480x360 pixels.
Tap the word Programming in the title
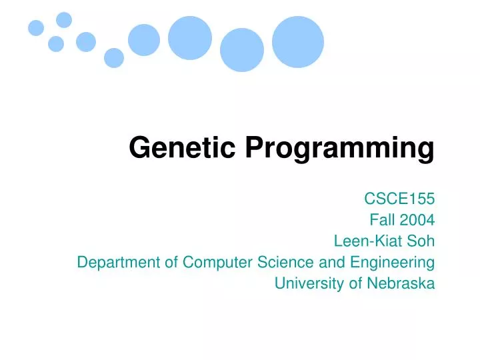[x=339, y=149]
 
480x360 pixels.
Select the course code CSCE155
[x=399, y=198]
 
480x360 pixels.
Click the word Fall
[x=381, y=219]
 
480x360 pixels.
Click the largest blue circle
[x=298, y=42]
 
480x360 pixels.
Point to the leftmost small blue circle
[x=36, y=28]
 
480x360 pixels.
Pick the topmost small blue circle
[x=64, y=20]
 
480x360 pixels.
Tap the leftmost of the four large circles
[x=144, y=40]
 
